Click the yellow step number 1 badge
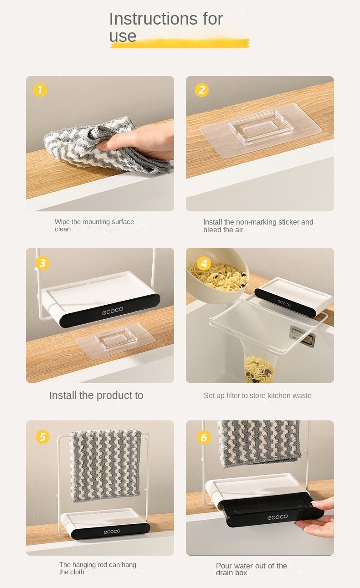click(40, 90)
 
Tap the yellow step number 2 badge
click(201, 90)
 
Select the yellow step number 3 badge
click(42, 263)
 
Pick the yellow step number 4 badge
click(204, 263)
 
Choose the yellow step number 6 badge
click(204, 438)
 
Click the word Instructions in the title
click(154, 19)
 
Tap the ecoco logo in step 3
click(113, 311)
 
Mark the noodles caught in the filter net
click(259, 369)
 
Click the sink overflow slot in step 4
click(302, 337)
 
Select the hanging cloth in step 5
click(105, 465)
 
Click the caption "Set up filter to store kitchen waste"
click(257, 396)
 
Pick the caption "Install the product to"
click(96, 396)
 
